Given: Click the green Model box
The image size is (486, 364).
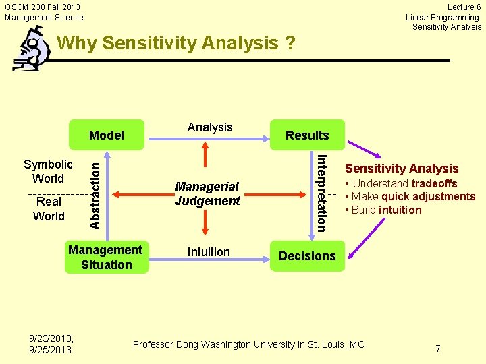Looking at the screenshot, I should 107,135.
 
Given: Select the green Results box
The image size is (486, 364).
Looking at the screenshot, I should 307,135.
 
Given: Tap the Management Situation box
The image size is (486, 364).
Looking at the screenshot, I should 106,257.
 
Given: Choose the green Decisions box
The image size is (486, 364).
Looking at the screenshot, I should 307,256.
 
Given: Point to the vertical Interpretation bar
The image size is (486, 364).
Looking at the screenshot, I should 322,193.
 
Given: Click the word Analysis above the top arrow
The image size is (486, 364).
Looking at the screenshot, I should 210,127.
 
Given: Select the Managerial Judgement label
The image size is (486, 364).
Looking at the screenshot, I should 207,193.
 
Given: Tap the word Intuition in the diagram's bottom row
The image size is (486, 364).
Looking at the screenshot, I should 209,252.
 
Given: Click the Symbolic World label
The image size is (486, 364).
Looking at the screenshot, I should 48,171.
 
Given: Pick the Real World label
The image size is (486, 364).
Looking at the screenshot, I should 49,209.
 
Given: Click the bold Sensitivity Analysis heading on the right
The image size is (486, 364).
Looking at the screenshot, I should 402,169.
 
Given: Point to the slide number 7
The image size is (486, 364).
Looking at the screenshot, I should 438,348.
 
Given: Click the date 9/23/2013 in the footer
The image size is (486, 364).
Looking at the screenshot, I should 51,338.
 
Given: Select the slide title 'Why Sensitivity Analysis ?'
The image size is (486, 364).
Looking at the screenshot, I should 177,44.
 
